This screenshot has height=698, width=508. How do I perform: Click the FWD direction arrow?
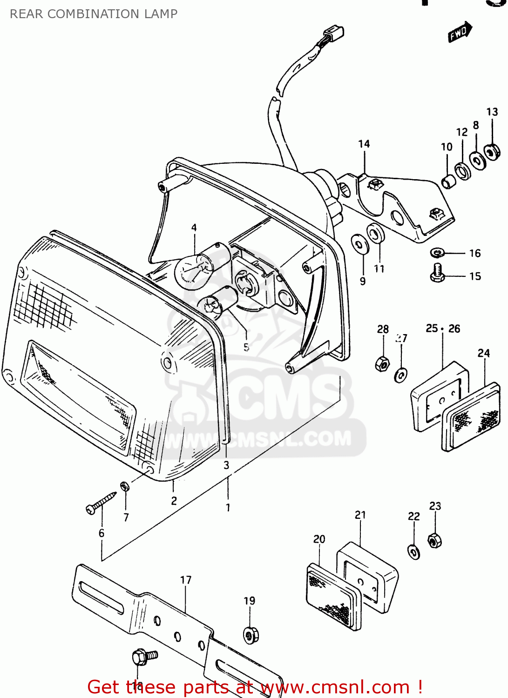pyautogui.click(x=460, y=32)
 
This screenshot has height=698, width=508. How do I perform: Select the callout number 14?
pyautogui.click(x=364, y=144)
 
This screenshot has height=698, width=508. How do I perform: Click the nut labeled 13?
pyautogui.click(x=492, y=151)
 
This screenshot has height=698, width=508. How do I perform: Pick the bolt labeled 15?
pyautogui.click(x=437, y=273)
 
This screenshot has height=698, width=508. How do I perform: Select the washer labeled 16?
pyautogui.click(x=437, y=253)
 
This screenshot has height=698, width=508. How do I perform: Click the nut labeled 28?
pyautogui.click(x=382, y=363)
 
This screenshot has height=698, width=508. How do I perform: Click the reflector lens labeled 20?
pyautogui.click(x=333, y=597)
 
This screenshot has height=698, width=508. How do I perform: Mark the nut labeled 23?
pyautogui.click(x=434, y=540)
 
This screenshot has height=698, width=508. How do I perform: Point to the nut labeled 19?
pyautogui.click(x=251, y=634)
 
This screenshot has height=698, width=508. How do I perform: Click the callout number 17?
pyautogui.click(x=186, y=580)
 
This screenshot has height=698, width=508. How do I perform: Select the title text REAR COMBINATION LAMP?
pyautogui.click(x=94, y=14)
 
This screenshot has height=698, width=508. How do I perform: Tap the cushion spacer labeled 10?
pyautogui.click(x=448, y=181)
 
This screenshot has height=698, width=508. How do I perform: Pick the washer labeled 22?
pyautogui.click(x=413, y=552)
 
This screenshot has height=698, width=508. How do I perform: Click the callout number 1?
pyautogui.click(x=228, y=508)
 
